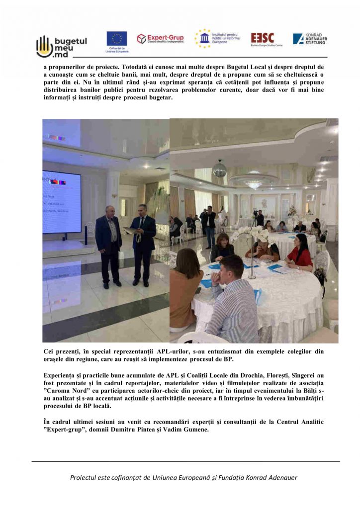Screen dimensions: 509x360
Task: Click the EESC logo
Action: click(x=262, y=39)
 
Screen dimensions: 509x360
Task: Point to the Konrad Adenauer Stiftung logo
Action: click(x=309, y=39)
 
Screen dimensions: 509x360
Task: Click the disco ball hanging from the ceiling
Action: click(x=220, y=169)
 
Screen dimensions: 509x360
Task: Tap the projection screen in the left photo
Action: click(x=62, y=202)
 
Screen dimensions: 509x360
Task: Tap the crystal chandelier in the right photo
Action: click(x=254, y=183)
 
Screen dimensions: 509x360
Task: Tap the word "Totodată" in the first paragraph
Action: click(x=141, y=65)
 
